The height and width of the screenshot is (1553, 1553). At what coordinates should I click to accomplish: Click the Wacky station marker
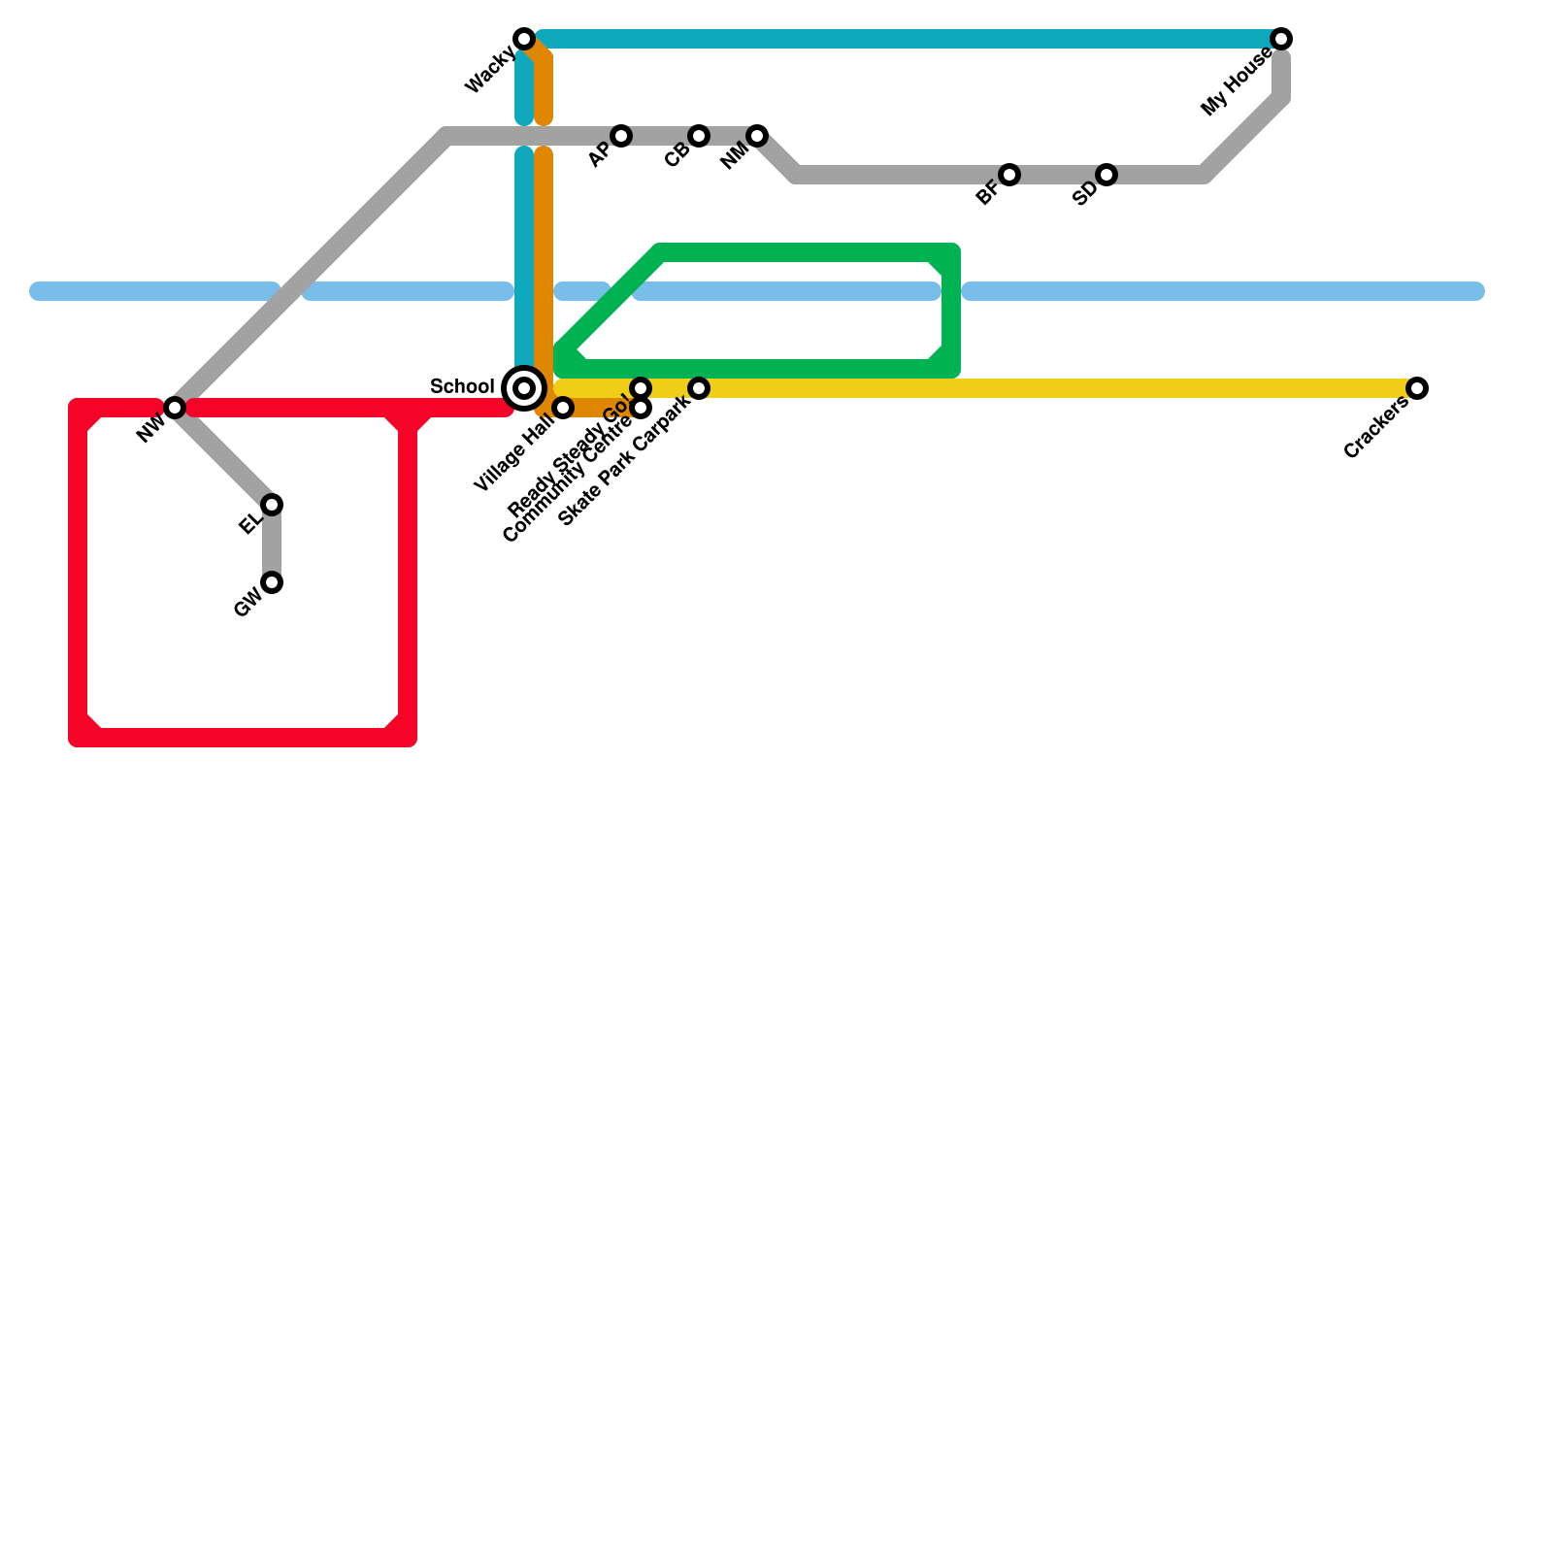[524, 39]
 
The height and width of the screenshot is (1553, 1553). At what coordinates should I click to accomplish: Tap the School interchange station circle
[524, 388]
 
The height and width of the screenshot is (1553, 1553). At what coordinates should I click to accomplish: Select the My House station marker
[1281, 39]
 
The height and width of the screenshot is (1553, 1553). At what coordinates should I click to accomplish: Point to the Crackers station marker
[1417, 388]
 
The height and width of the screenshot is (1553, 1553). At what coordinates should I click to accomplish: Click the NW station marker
[175, 408]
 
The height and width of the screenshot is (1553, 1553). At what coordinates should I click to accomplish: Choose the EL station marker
[272, 505]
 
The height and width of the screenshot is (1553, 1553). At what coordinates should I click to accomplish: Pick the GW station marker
[272, 582]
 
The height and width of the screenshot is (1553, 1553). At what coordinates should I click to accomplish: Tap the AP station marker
[621, 136]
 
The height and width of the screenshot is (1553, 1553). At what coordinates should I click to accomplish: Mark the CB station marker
[699, 136]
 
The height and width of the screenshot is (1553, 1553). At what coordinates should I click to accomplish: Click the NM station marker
[757, 136]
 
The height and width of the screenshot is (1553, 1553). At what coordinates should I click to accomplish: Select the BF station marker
[1009, 175]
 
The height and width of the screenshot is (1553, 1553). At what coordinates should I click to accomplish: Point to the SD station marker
[1107, 175]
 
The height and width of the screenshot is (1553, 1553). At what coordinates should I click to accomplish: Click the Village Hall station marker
[563, 408]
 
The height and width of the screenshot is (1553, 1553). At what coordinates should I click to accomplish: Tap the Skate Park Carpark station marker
[699, 388]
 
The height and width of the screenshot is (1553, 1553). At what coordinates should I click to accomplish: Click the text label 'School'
[462, 387]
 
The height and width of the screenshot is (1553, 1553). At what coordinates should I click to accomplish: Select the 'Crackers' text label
[1376, 429]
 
